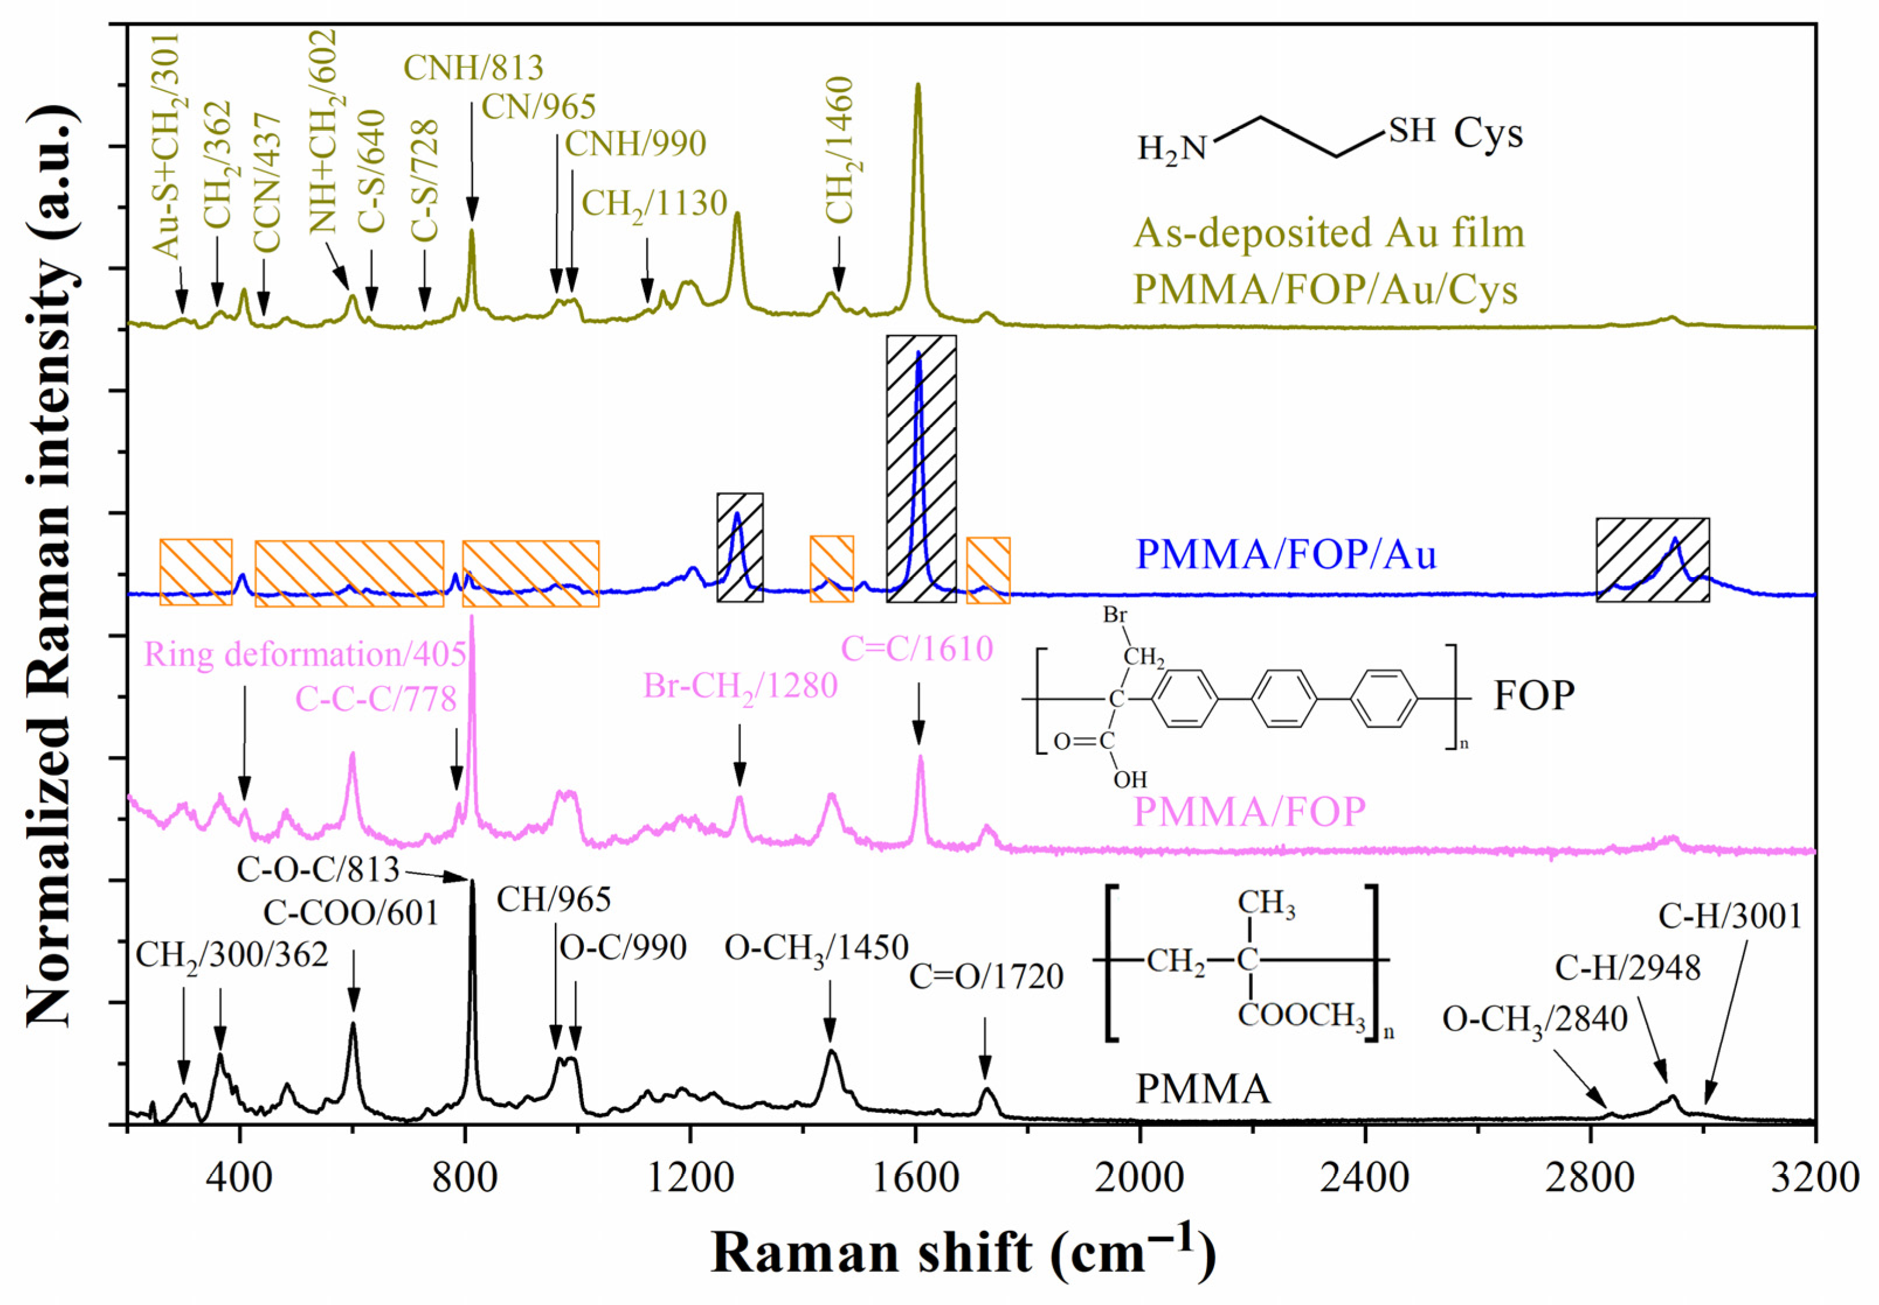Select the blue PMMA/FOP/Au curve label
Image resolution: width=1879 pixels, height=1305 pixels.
pos(1286,554)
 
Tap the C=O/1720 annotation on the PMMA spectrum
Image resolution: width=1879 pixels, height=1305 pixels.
pos(985,976)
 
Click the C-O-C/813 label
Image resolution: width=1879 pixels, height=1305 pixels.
pos(318,870)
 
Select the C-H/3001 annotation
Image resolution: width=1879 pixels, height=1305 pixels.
pos(1729,916)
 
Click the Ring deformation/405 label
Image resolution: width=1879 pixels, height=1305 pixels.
pos(305,655)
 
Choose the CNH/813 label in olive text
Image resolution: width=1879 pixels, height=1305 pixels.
pos(474,68)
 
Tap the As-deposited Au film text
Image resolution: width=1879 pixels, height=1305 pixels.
pos(1328,234)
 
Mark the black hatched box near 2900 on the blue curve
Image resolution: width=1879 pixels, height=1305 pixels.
pos(1652,560)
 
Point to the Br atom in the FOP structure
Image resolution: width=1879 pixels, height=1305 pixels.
pos(1114,614)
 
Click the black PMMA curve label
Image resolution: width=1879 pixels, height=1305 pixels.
pos(1203,1089)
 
